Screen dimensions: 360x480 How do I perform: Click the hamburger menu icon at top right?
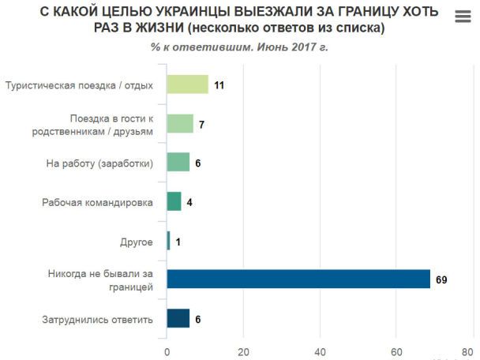463,17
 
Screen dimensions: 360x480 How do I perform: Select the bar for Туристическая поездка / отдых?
188,84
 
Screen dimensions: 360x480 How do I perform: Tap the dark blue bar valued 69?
298,279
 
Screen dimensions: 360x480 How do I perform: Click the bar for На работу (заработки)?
178,162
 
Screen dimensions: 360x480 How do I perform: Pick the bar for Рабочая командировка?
174,201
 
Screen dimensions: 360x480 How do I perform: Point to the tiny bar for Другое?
168,240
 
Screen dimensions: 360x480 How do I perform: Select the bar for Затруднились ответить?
178,318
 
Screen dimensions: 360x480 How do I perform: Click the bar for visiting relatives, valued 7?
180,123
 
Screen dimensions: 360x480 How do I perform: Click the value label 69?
441,279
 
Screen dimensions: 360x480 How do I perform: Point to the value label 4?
189,202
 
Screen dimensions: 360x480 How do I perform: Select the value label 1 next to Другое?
178,241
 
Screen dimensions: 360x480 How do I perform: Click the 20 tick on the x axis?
244,351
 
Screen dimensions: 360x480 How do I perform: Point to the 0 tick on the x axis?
167,351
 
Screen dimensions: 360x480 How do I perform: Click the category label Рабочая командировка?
97,202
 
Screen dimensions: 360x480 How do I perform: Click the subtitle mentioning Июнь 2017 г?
239,47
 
